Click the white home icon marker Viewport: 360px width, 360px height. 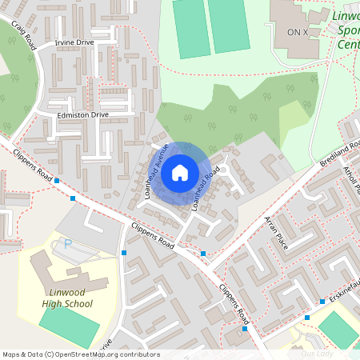point(180,172)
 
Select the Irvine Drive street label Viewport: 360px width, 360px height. point(74,42)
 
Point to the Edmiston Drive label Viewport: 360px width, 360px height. point(82,115)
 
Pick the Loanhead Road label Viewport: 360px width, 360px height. point(206,188)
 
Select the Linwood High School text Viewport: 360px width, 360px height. point(67,298)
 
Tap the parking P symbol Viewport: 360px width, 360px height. point(67,243)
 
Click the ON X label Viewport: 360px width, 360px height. point(297,32)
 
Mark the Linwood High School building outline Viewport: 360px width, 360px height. point(60,272)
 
